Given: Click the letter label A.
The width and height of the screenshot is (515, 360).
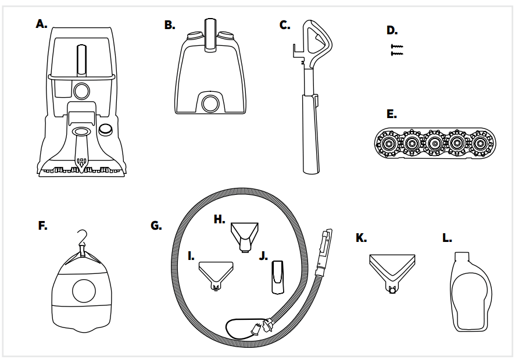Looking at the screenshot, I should point(41,24).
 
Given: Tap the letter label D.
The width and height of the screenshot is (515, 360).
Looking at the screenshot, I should point(392,30).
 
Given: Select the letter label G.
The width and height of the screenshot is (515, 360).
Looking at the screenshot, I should point(156,225).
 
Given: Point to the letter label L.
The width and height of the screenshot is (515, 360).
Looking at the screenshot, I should point(446,238).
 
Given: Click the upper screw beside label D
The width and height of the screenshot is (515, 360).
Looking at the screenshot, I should point(396,45).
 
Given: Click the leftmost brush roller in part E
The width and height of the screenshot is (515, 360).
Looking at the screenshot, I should point(385,142).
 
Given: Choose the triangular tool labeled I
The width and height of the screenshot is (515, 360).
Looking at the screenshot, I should point(216,273).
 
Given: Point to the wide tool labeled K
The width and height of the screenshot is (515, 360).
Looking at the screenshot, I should point(392,267).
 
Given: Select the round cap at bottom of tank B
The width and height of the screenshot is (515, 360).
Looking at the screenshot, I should point(209,103).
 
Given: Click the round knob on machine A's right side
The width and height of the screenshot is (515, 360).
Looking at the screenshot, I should point(105,129).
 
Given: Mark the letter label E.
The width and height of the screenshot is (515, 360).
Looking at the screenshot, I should point(391,115).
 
